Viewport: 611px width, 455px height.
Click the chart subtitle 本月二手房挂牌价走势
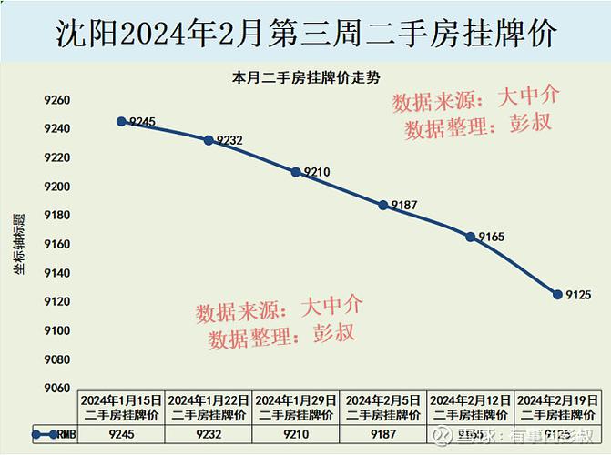306,79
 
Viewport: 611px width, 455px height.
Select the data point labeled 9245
121,121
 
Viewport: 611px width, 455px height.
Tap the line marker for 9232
209,140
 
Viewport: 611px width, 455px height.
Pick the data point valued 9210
296,171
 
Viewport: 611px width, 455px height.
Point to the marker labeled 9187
383,205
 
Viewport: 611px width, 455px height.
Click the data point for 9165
471,237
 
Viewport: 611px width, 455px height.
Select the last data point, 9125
557,294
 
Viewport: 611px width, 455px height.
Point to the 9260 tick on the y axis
56,100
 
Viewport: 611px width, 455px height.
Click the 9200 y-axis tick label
56,187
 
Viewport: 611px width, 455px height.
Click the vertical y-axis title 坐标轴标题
17,245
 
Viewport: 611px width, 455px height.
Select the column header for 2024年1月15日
121,407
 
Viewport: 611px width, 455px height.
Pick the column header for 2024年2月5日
383,407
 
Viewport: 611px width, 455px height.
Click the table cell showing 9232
209,435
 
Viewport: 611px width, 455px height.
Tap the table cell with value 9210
296,435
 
